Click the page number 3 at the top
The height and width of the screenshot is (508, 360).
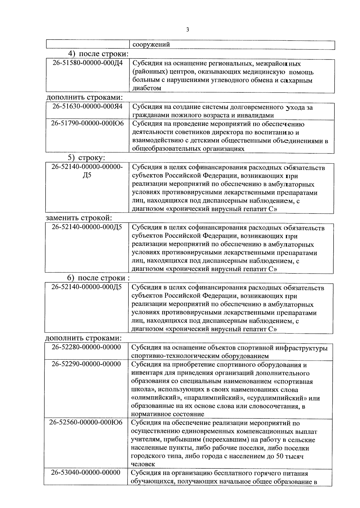point(187,29)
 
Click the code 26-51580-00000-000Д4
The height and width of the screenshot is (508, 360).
point(88,64)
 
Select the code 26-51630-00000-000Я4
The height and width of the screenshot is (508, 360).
point(88,107)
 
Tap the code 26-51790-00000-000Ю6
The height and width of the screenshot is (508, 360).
point(88,124)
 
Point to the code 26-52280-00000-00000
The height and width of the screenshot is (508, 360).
point(86,347)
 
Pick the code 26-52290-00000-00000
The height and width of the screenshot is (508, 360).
point(86,364)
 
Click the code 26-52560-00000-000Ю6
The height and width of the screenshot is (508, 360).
point(86,422)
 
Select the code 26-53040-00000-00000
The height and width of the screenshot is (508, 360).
point(86,473)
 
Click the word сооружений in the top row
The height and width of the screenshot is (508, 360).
point(151,45)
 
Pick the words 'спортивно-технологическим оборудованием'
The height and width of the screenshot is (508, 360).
point(200,356)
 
